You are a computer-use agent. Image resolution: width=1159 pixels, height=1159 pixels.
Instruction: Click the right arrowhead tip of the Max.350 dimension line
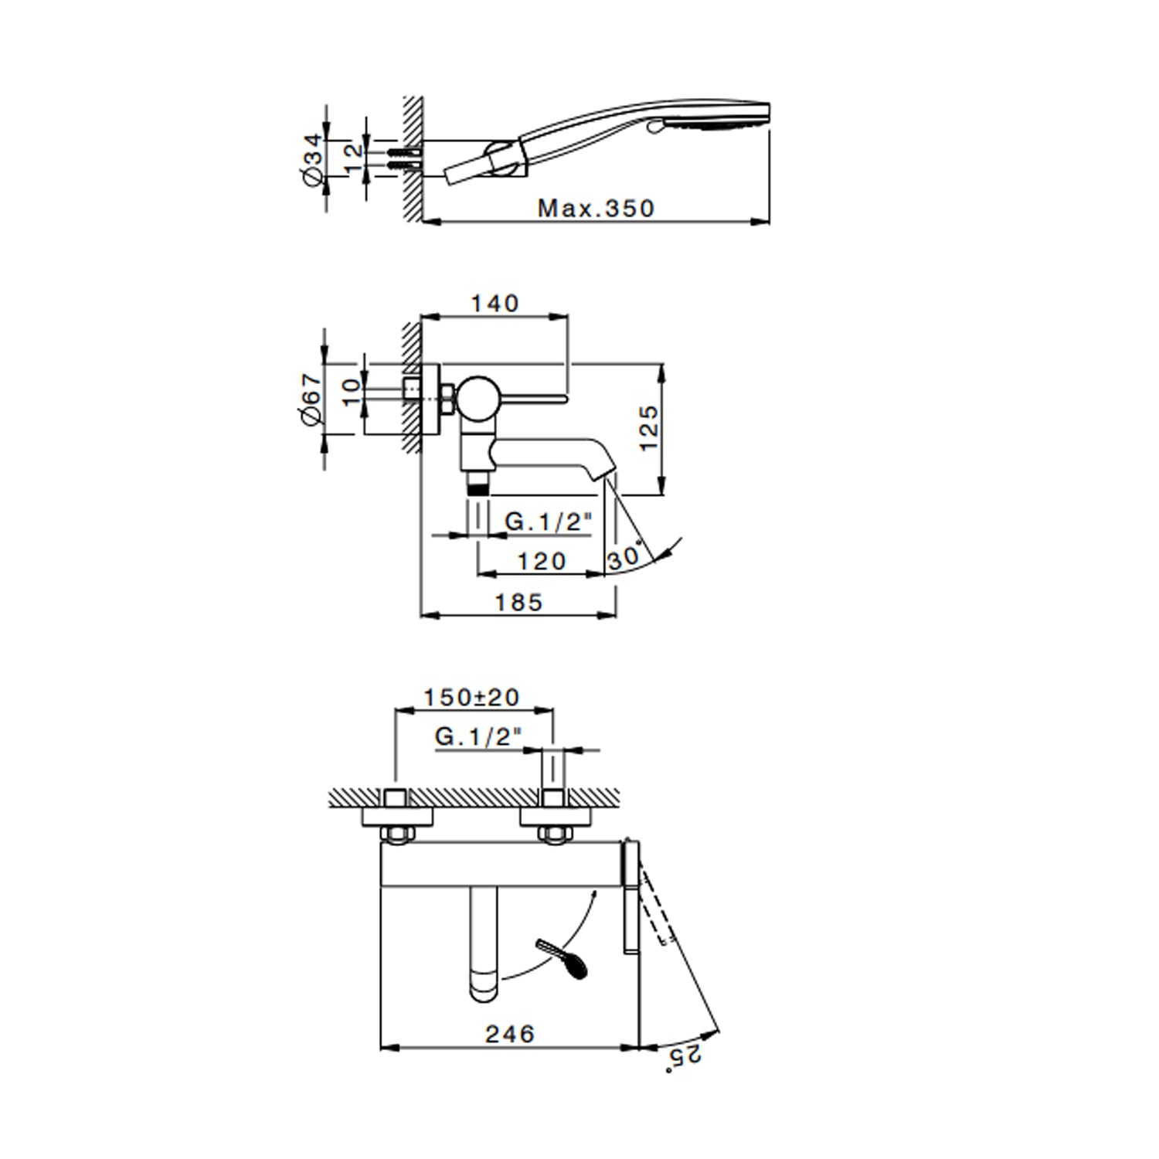coord(770,222)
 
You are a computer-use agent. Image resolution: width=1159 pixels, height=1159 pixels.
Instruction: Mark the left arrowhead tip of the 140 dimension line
coord(421,315)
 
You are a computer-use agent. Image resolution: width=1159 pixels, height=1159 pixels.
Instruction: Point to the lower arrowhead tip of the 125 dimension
coord(662,495)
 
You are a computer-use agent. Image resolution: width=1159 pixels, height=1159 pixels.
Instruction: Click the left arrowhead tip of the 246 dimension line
coord(382,1048)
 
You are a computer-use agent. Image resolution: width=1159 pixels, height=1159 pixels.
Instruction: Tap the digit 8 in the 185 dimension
coord(518,603)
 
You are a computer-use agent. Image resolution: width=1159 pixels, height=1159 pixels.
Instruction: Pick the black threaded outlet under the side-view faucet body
coord(478,485)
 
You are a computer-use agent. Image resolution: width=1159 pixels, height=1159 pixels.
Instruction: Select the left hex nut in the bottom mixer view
coord(397,834)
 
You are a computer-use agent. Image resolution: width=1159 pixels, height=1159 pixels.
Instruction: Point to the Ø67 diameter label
coord(312,399)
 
